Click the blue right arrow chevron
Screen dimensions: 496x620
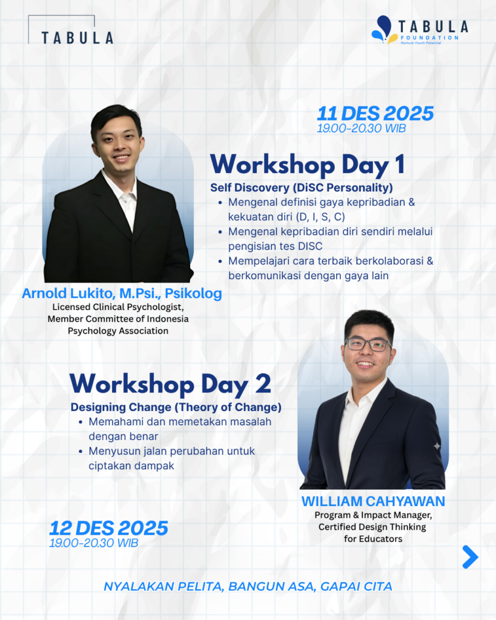tap(471, 557)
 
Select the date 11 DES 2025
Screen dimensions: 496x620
tap(375, 113)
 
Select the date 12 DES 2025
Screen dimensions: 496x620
tap(108, 528)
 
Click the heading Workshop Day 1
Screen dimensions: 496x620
tap(307, 165)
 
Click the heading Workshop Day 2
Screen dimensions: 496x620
tap(170, 383)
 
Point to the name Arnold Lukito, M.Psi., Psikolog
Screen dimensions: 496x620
tap(122, 294)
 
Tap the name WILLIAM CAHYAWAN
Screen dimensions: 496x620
tap(373, 501)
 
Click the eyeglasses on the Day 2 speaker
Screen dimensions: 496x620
tap(368, 345)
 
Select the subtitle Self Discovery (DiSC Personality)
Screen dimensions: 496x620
tap(302, 188)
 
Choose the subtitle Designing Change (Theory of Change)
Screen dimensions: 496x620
tap(176, 407)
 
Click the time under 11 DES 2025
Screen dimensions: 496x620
tap(361, 128)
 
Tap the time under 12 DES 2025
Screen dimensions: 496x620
tap(94, 543)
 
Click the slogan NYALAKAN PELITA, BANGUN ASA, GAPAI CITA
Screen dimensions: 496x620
tap(248, 586)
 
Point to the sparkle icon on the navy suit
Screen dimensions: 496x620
tap(437, 446)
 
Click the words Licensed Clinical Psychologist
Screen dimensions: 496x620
tap(118, 307)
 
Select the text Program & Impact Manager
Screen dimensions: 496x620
tap(373, 515)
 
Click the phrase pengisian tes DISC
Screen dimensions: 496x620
tap(276, 246)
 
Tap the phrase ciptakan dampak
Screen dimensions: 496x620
tap(131, 466)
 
